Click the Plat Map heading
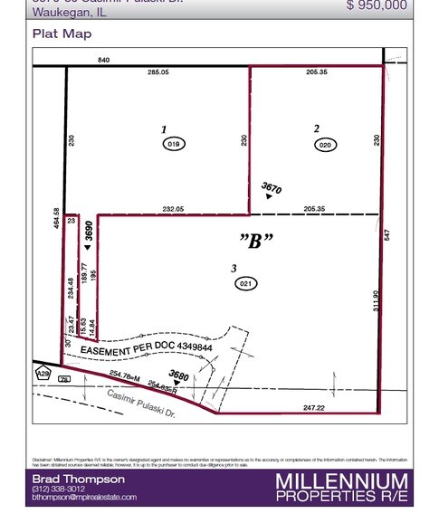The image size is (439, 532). click(x=62, y=33)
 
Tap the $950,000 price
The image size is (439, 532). click(x=377, y=5)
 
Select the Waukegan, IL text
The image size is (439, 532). click(x=69, y=12)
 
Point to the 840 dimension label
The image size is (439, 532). click(x=104, y=60)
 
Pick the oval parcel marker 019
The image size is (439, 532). click(x=174, y=144)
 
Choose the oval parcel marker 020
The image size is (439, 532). click(x=326, y=144)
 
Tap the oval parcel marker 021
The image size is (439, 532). click(x=245, y=283)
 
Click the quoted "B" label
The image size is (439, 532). click(x=256, y=241)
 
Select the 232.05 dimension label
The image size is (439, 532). click(x=173, y=209)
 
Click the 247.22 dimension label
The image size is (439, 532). click(x=313, y=408)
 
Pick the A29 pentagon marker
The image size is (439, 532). click(x=43, y=373)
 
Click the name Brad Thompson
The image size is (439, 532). click(x=78, y=479)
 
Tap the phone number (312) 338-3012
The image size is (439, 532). click(x=59, y=489)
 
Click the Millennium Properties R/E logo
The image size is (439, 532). click(x=341, y=487)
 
